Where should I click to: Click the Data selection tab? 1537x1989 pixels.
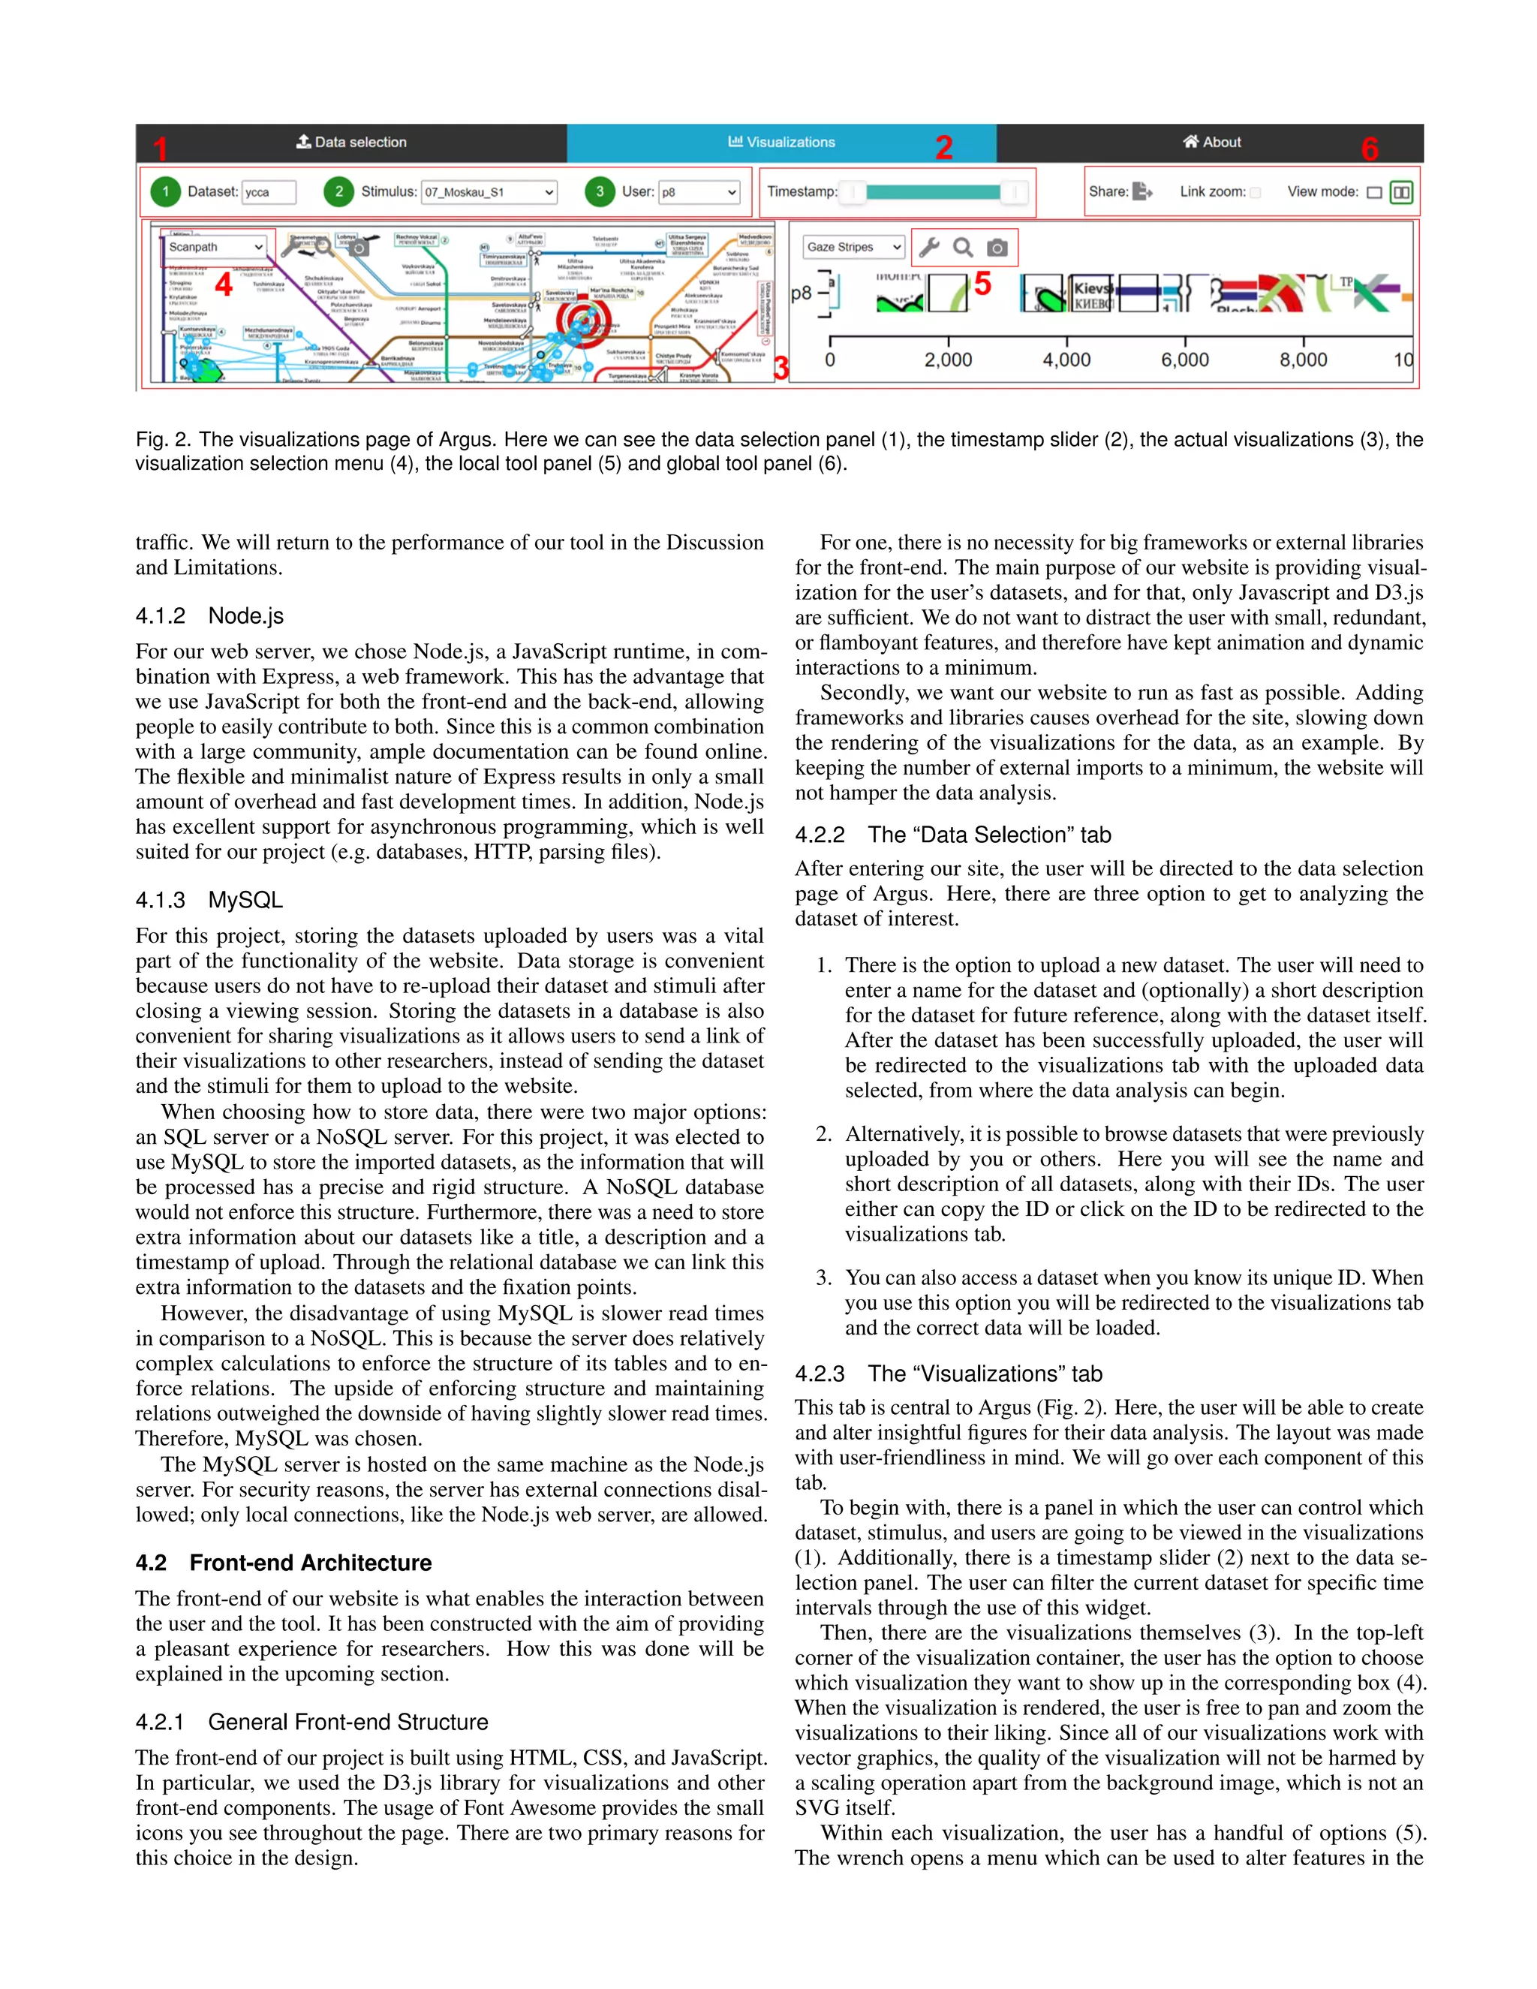coord(351,142)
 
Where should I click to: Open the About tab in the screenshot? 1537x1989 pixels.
coord(1211,142)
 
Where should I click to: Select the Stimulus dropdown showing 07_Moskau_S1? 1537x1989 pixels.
coord(490,192)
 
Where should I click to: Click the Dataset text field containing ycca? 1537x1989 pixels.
coord(269,192)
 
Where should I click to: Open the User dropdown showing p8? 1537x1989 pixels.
coord(699,192)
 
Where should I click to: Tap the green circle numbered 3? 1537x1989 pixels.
coord(599,191)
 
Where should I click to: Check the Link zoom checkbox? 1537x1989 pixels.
coord(1255,192)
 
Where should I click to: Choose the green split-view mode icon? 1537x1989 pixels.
coord(1401,192)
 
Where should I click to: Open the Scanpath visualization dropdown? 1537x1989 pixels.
coord(216,247)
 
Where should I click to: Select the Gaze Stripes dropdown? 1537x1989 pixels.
coord(853,247)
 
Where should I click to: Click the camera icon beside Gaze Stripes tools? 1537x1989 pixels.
coord(997,248)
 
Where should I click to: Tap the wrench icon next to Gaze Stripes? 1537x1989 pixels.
coord(929,248)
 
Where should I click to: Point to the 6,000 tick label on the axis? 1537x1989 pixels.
coord(1184,360)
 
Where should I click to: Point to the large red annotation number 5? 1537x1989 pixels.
coord(982,284)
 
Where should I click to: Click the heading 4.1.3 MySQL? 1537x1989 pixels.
coord(209,900)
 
